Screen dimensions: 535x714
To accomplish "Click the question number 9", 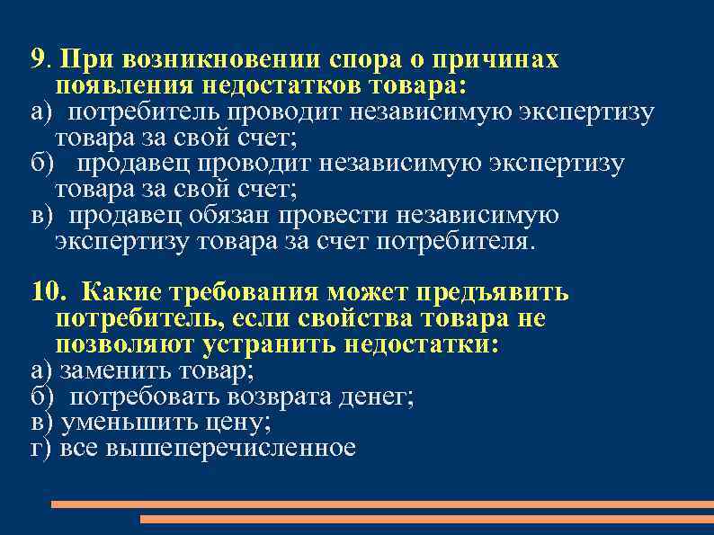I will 37,60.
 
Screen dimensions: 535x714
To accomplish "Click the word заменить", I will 107,370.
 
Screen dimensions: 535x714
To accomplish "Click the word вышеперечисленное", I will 231,448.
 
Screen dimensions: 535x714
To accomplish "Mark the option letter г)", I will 41,448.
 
